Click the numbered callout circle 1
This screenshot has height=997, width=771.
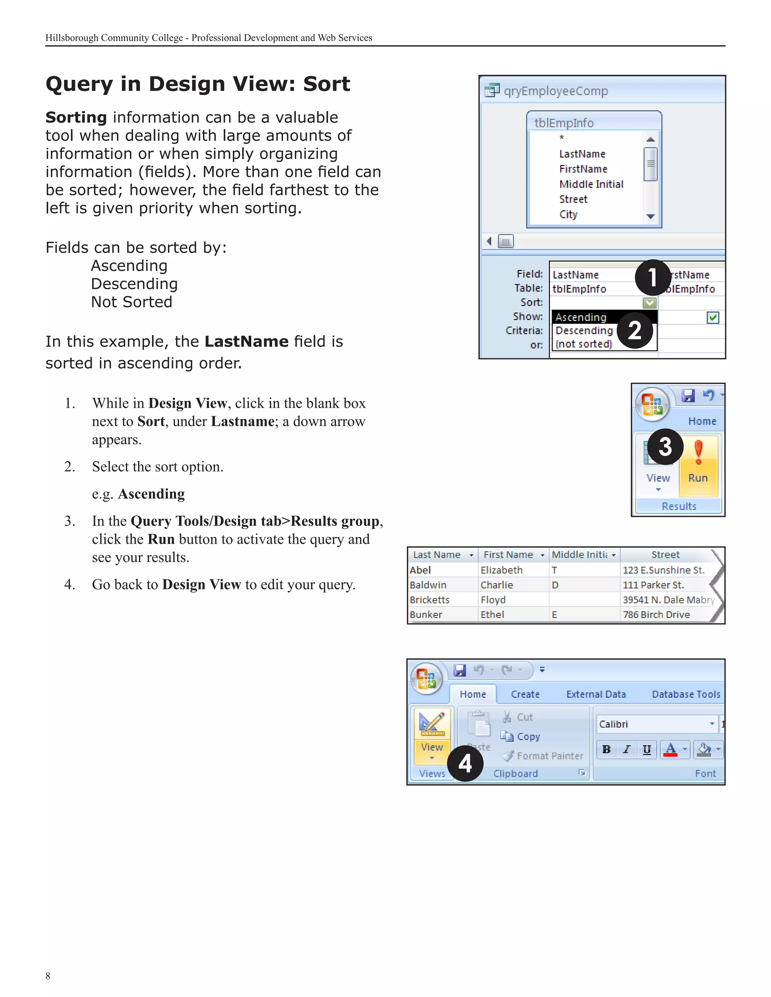[653, 278]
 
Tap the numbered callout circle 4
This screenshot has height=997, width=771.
[465, 763]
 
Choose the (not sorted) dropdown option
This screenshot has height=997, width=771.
[584, 344]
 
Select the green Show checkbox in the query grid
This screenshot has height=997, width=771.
[713, 317]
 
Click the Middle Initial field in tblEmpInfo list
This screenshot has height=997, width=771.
[591, 184]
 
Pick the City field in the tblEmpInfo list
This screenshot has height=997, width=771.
[568, 214]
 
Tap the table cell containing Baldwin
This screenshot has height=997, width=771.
[428, 585]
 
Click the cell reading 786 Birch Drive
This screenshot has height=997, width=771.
[656, 614]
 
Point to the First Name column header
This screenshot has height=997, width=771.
[508, 555]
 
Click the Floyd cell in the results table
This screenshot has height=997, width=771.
[493, 600]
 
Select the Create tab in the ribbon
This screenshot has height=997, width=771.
[525, 695]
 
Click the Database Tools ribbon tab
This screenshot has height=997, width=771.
[686, 695]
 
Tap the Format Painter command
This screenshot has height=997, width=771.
[550, 756]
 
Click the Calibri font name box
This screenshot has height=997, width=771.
[653, 724]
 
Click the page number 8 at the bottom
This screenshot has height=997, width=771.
[48, 976]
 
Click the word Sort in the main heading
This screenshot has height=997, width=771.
[326, 84]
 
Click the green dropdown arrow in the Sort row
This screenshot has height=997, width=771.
[649, 302]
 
